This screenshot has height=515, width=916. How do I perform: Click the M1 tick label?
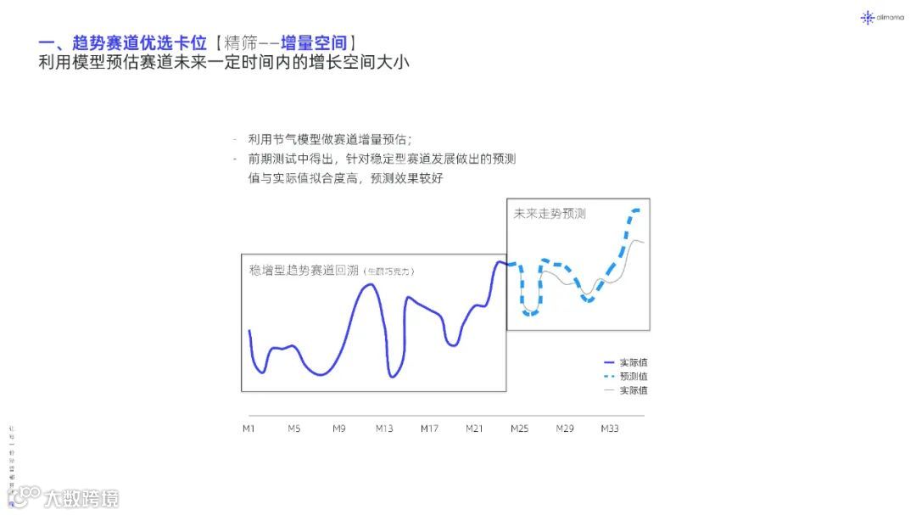249,428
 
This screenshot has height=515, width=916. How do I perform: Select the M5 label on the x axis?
293,428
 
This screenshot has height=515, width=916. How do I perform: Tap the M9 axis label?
338,428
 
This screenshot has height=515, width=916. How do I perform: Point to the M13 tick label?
384,428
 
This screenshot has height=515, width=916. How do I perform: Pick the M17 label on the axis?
429,428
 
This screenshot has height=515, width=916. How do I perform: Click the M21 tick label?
474,428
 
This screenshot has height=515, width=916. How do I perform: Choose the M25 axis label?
519,428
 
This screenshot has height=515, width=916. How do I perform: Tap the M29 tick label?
565,428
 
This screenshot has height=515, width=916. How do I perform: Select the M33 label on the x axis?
610,428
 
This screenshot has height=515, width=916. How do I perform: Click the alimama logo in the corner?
881,17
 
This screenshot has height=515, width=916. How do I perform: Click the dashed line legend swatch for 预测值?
608,376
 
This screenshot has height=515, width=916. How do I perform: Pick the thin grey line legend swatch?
608,390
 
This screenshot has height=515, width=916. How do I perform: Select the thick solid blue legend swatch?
608,362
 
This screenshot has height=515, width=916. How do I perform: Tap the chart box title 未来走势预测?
550,214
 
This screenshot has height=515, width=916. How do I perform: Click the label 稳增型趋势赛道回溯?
304,271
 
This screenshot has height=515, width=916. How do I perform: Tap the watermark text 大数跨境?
81,498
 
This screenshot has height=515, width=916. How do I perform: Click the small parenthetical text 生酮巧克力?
389,271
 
